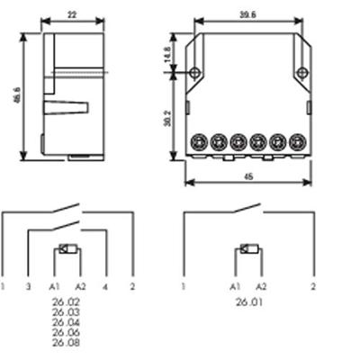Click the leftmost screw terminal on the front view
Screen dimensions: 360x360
[x=200, y=141]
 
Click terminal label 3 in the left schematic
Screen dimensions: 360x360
[x=28, y=286]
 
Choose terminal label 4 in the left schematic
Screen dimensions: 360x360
[x=106, y=286]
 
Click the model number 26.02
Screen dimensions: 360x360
[x=66, y=302]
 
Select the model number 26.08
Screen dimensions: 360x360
[x=66, y=343]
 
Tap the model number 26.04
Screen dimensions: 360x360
[x=66, y=322]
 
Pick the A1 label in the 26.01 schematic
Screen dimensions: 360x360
[x=235, y=286]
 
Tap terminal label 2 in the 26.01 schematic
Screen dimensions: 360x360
[x=313, y=286]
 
